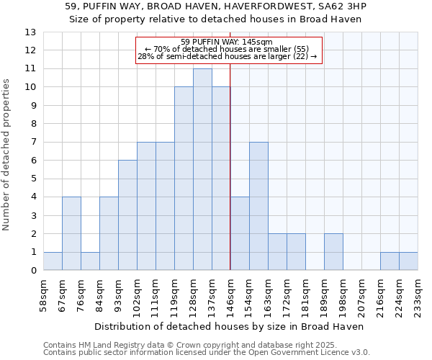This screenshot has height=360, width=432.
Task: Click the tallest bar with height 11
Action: (x=202, y=169)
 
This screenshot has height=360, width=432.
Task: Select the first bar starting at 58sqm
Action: (x=53, y=261)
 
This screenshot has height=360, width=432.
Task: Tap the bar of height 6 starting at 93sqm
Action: (x=127, y=215)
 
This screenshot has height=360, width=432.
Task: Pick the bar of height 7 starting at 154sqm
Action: (x=258, y=206)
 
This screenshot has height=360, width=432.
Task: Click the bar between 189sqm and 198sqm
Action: (x=333, y=252)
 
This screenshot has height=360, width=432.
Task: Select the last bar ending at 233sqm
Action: (x=408, y=261)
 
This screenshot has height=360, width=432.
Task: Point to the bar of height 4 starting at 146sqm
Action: (x=240, y=234)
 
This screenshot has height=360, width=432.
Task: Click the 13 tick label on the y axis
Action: (x=30, y=32)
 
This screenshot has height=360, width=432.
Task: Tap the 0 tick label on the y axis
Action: (x=33, y=271)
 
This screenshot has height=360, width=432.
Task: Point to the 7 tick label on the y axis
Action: (x=33, y=143)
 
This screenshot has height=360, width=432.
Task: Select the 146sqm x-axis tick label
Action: (x=230, y=297)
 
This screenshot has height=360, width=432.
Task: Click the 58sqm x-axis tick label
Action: (x=43, y=297)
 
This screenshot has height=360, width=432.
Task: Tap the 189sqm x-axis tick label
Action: (x=324, y=297)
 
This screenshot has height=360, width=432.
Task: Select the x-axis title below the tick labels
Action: (x=229, y=326)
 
